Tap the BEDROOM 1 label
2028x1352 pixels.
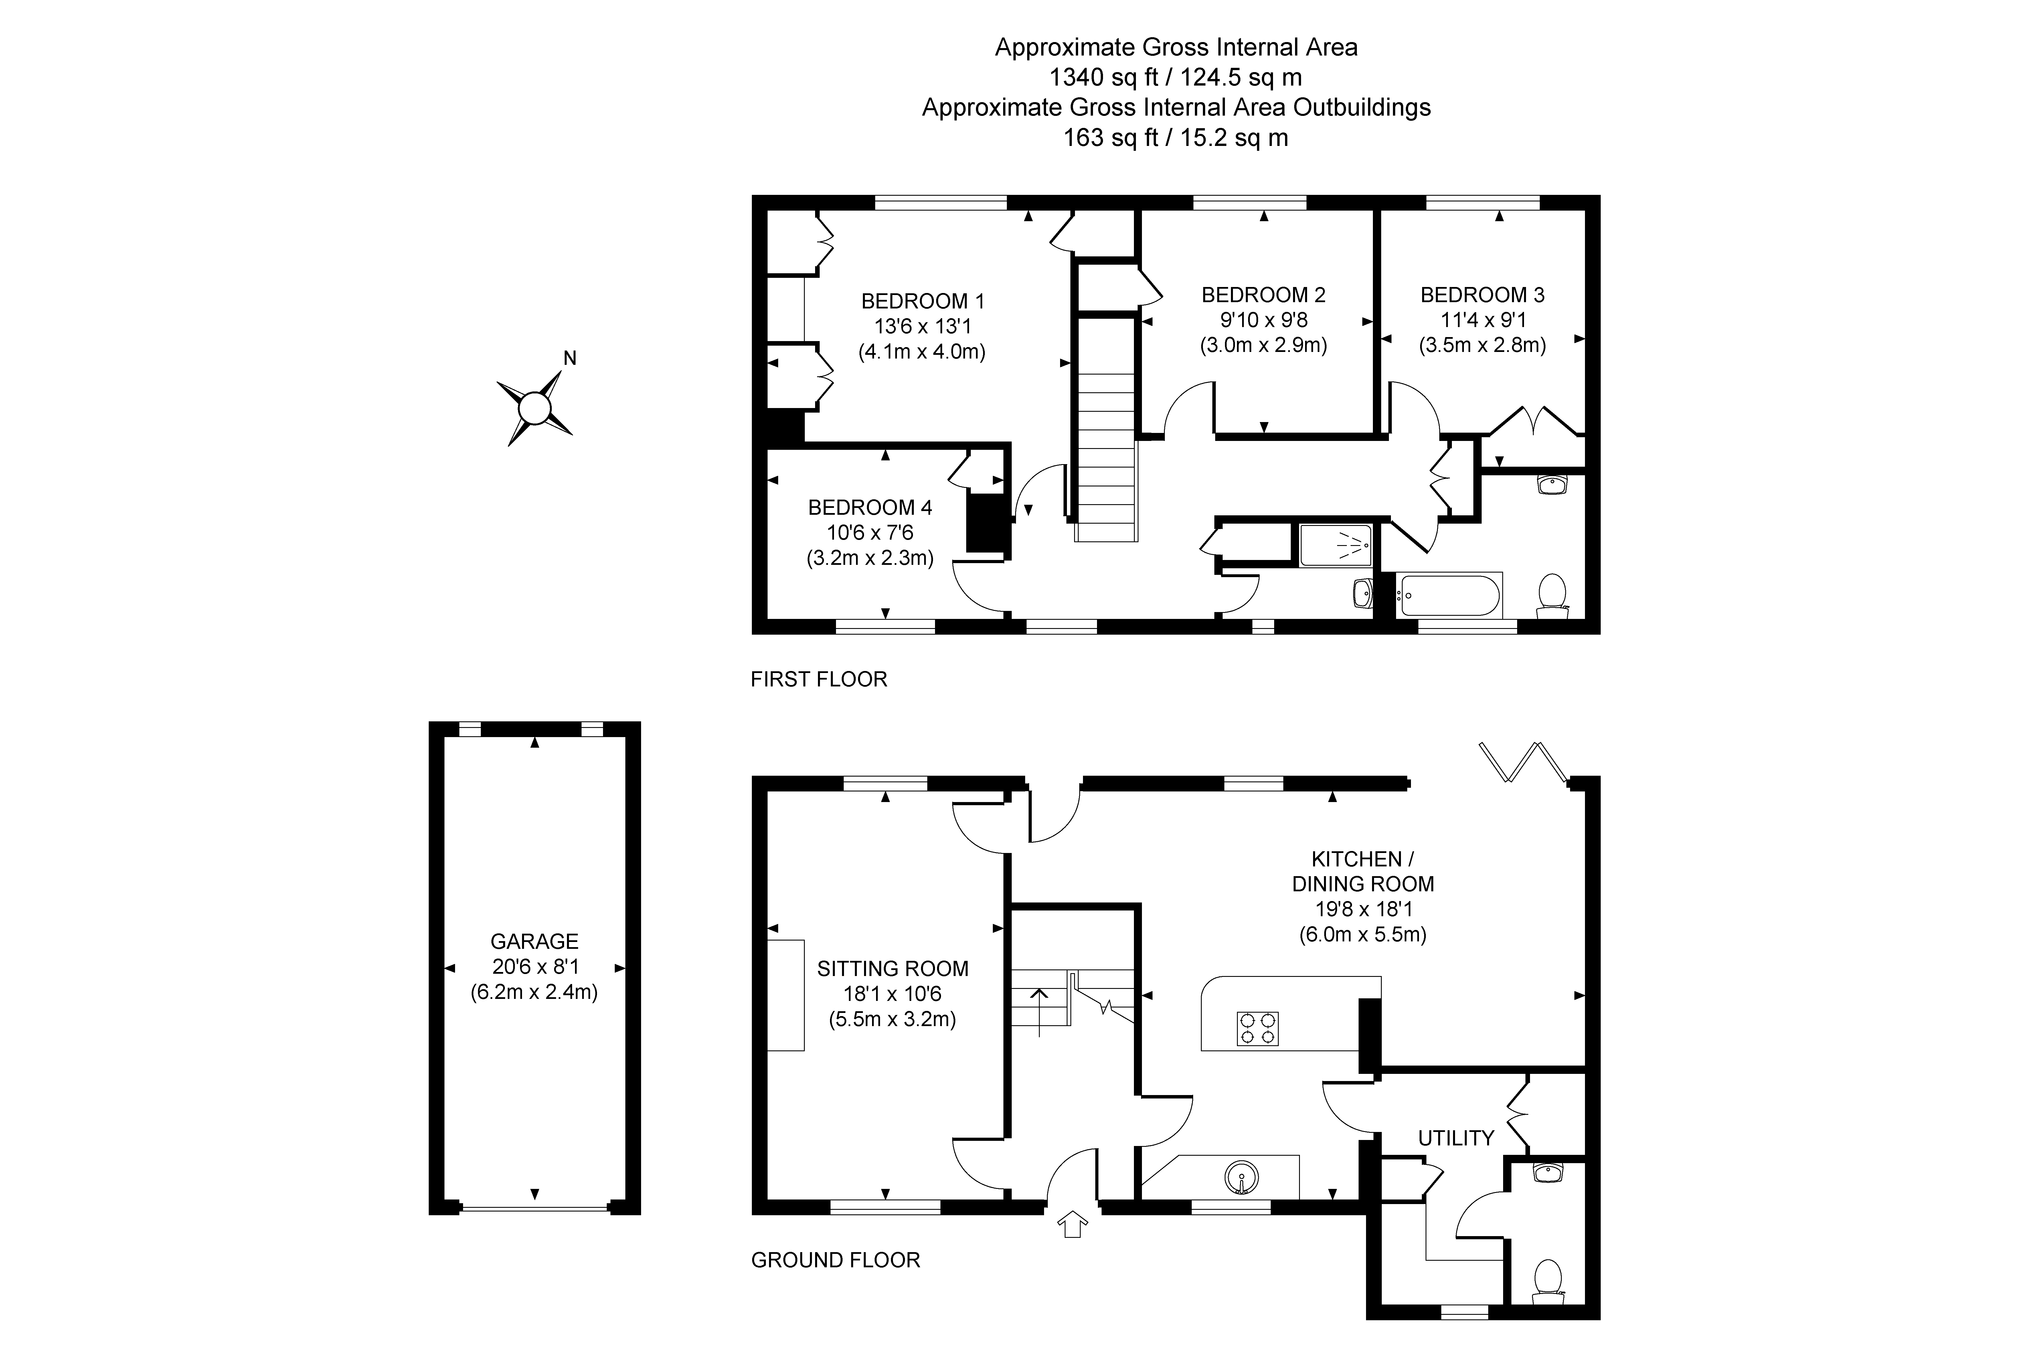click(923, 301)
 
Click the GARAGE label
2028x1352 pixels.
click(535, 942)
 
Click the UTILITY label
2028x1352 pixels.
click(1456, 1138)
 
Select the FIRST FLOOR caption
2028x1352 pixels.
click(819, 680)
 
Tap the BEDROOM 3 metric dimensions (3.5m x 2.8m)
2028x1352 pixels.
click(1483, 345)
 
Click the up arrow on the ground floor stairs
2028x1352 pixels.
click(1040, 1011)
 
